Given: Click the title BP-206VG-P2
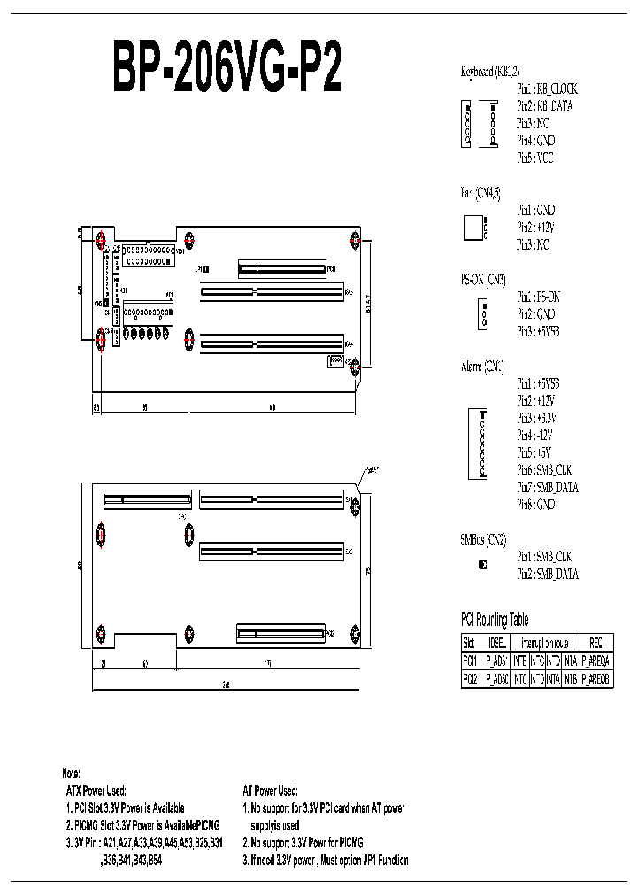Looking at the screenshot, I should coord(226,69).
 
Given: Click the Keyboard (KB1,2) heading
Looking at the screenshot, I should coord(489,72).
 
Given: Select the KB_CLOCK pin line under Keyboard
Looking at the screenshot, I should coord(547,89).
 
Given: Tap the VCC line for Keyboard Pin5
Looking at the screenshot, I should coord(535,158).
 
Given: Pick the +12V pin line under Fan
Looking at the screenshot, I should coord(537,228).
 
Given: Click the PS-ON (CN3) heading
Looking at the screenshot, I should coord(483,279).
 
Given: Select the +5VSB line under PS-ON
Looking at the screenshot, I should coord(538,330).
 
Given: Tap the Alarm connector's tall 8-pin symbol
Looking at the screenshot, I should coord(475,444).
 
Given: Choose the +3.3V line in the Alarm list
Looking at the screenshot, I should coord(537,417).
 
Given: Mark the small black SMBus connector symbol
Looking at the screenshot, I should coord(483,565).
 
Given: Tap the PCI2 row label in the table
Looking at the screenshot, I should coord(470,678).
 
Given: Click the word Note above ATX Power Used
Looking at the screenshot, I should coord(72,773).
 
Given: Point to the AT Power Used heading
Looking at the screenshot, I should coord(270,790).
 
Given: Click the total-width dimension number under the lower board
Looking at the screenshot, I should coord(226,684).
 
